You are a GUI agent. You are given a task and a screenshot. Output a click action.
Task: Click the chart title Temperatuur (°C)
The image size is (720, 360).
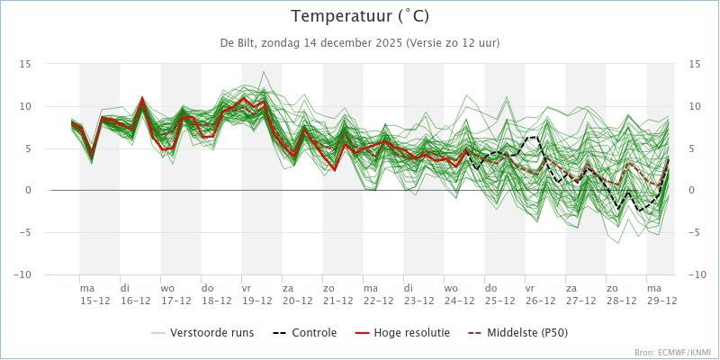tap(360, 16)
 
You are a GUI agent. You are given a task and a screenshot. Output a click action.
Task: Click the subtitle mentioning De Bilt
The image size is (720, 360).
tap(360, 42)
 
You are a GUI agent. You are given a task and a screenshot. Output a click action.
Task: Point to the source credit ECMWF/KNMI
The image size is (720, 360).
tap(672, 353)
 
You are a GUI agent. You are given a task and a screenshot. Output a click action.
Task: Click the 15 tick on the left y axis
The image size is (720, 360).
tap(26, 64)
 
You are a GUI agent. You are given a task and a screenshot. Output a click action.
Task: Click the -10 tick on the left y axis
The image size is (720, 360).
tap(23, 274)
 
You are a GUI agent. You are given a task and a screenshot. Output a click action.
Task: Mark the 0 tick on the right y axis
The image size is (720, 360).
tap(692, 191)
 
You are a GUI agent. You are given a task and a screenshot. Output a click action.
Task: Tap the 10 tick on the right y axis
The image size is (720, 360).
tap(695, 106)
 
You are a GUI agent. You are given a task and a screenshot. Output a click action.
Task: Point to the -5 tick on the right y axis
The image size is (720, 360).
tap(694, 232)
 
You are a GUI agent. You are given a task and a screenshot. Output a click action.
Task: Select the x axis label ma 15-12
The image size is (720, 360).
tap(94, 294)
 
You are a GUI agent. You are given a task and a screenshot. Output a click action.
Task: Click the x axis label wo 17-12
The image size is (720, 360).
tap(175, 294)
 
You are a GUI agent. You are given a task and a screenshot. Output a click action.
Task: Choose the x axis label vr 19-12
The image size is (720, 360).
tap(256, 294)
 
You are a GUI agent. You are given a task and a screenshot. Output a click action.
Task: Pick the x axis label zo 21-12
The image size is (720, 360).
tap(337, 294)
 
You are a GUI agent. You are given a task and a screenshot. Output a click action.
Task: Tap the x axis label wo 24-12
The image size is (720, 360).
tap(458, 294)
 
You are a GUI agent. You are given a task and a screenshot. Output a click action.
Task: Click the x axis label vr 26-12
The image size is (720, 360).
tap(539, 294)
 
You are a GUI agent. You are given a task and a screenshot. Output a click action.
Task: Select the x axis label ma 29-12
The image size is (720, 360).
tap(661, 294)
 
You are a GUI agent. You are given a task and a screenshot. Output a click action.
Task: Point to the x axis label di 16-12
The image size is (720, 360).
tap(135, 294)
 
